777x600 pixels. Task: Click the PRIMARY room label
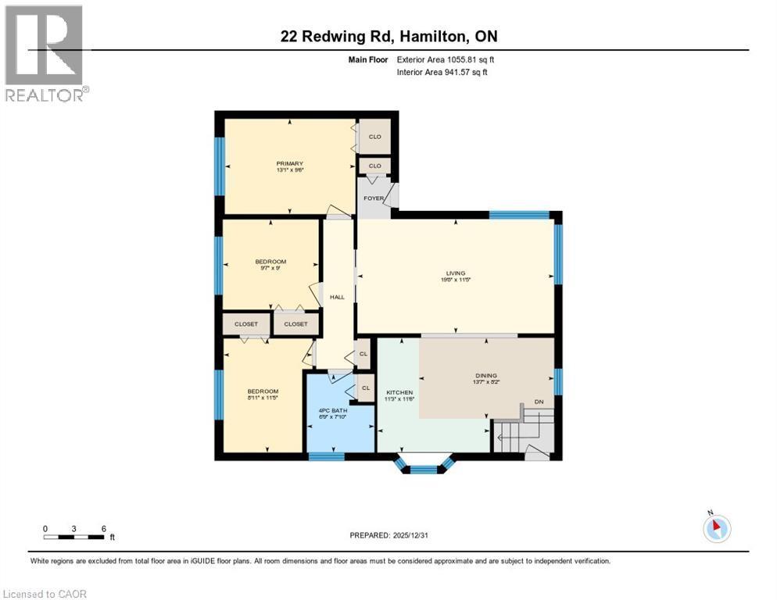click(289, 163)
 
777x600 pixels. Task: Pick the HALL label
click(337, 297)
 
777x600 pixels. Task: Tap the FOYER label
click(374, 198)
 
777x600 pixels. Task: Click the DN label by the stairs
click(539, 402)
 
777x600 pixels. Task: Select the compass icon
click(716, 528)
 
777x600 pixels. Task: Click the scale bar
click(74, 536)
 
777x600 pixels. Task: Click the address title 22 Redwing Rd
click(388, 36)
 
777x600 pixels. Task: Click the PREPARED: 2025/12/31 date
click(389, 535)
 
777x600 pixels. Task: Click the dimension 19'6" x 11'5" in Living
click(455, 279)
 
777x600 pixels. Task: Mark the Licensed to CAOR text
click(45, 594)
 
